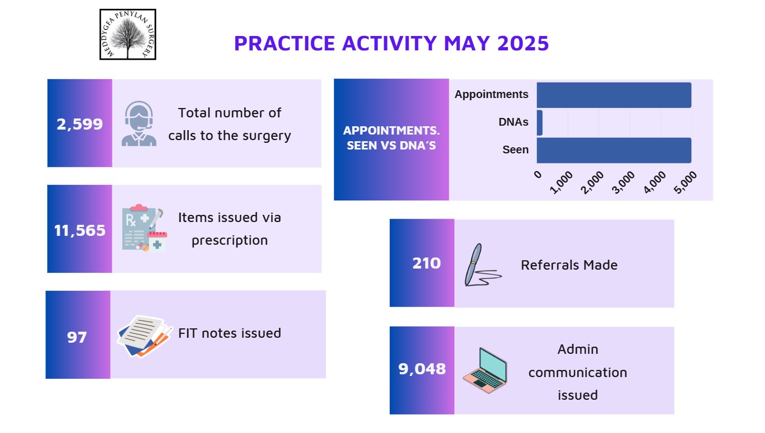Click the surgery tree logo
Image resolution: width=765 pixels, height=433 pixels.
click(128, 34)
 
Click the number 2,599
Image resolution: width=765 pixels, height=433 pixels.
click(80, 124)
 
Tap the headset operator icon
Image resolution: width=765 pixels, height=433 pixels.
click(139, 123)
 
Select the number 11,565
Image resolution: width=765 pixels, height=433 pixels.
click(80, 230)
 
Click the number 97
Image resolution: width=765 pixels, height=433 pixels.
click(77, 337)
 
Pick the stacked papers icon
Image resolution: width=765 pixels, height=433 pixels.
click(144, 336)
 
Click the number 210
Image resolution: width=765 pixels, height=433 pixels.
click(427, 263)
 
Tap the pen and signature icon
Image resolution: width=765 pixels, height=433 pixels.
click(483, 265)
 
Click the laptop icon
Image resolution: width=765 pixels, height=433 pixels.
click(485, 370)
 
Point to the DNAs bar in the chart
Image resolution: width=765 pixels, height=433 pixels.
click(540, 123)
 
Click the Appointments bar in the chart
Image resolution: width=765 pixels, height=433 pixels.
click(614, 95)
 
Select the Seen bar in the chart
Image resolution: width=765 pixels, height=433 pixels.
click(614, 151)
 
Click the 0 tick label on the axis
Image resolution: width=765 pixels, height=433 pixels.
click(538, 174)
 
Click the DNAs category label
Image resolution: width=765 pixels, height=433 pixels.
click(513, 122)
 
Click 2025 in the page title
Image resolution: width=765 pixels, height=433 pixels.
click(523, 43)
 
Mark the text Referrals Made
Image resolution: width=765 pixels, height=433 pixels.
click(569, 265)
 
